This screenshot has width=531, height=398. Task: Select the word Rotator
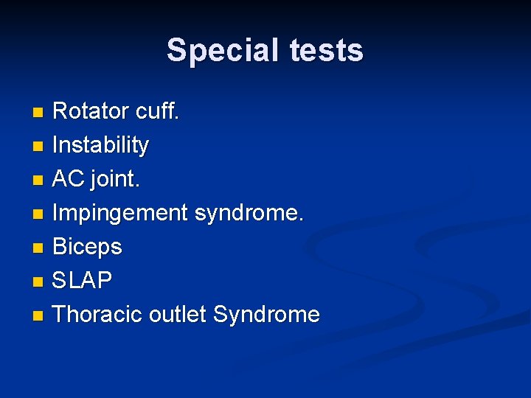(x=91, y=111)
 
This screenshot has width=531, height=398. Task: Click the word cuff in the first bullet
(x=157, y=111)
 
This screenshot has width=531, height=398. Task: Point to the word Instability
(x=101, y=145)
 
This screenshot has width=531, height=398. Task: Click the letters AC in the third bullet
(x=68, y=179)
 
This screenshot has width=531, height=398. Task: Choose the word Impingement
(x=120, y=214)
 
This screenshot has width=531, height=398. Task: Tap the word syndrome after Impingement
(x=249, y=213)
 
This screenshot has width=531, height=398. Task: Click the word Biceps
(x=87, y=247)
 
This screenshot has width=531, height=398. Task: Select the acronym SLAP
(x=83, y=281)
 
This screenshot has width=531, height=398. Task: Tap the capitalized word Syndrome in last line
(x=266, y=315)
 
